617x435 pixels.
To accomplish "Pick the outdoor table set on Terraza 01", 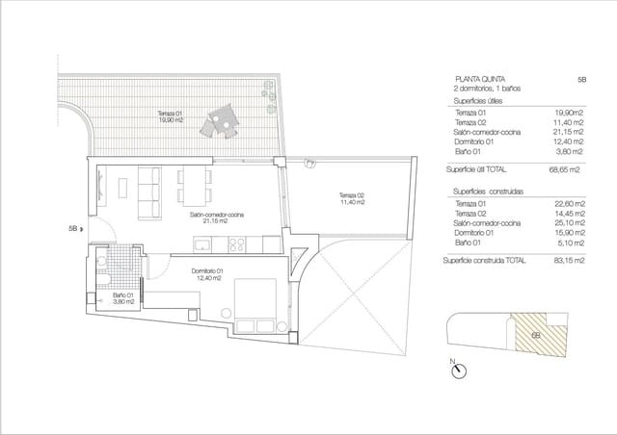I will click(218, 121).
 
